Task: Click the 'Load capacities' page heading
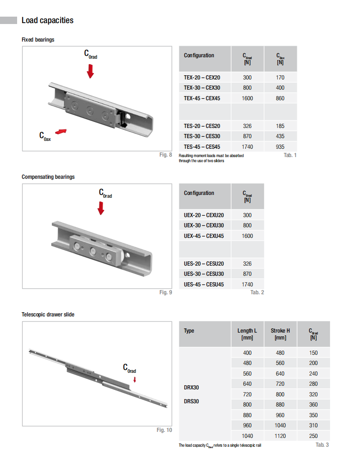47,20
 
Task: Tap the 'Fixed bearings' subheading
38,40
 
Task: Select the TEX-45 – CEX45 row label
202,98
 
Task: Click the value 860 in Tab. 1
280,98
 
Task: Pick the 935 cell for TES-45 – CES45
280,147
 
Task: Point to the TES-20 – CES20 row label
202,126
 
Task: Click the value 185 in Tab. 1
280,126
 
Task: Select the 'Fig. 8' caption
166,155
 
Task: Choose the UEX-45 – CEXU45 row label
204,236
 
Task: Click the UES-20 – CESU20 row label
204,264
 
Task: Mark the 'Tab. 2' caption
257,292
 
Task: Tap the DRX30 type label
191,388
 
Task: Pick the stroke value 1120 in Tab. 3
280,436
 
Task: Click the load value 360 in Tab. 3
313,405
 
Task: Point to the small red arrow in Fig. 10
135,380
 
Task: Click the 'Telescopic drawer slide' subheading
48,315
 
